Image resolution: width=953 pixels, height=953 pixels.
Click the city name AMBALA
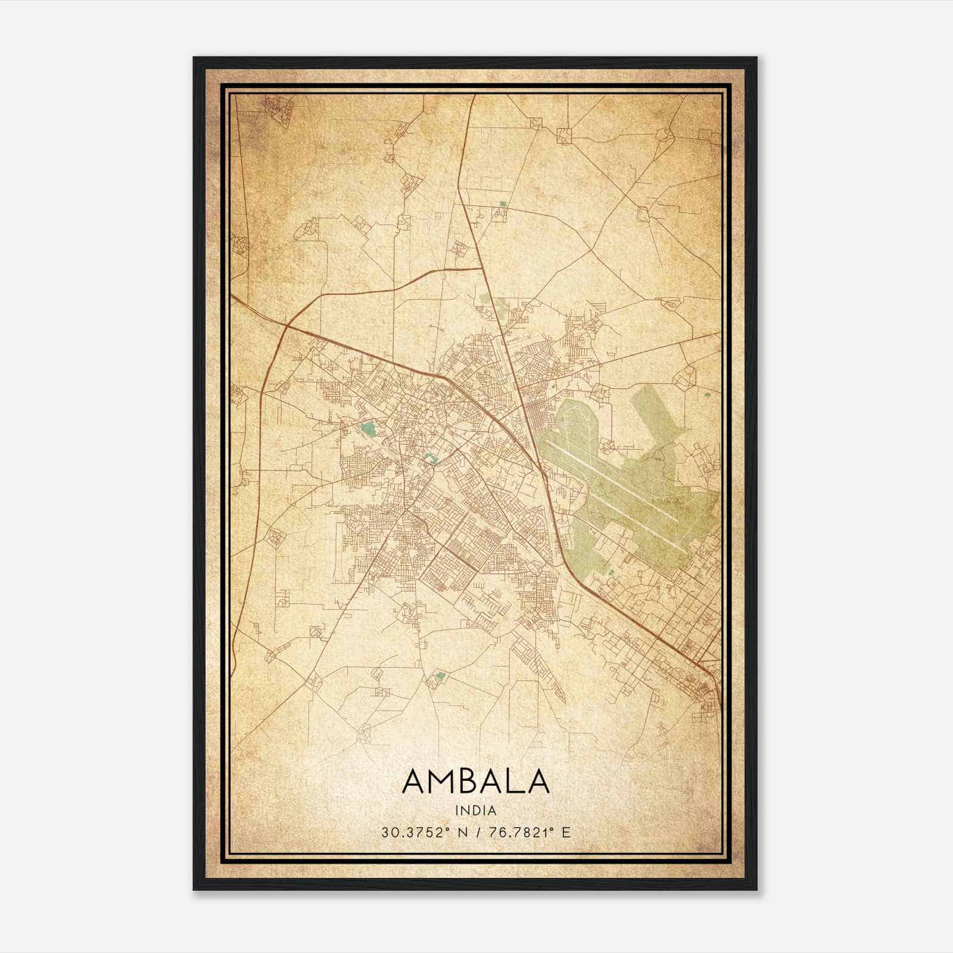[x=475, y=781]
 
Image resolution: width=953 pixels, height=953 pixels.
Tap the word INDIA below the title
[x=475, y=811]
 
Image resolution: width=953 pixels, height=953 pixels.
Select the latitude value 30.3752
[x=412, y=832]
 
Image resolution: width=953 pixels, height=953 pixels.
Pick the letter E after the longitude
[x=566, y=832]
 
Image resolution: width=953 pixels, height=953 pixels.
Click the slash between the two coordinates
[x=476, y=832]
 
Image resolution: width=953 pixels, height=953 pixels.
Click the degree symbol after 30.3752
[x=445, y=829]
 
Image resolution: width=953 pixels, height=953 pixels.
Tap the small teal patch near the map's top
[x=503, y=204]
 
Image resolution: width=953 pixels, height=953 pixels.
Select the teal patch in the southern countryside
[x=441, y=675]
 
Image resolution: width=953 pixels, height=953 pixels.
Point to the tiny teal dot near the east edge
[x=707, y=394]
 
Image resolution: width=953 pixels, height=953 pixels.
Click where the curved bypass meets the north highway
[x=481, y=269]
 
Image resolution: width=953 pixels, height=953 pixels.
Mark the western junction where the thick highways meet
[x=286, y=326]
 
